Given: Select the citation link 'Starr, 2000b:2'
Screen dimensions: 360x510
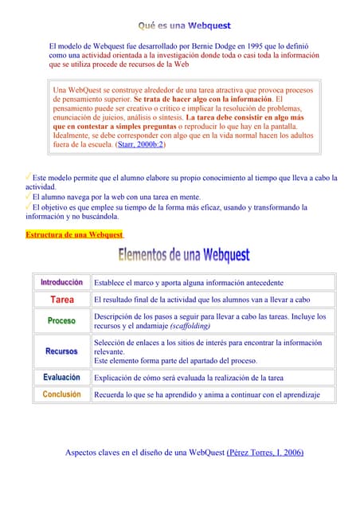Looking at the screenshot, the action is (x=140, y=145).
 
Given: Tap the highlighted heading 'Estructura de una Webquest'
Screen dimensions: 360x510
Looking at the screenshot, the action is (x=74, y=234).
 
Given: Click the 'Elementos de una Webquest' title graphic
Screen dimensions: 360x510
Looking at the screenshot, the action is (x=184, y=257).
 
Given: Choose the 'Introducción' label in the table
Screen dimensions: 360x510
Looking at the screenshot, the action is (x=62, y=283).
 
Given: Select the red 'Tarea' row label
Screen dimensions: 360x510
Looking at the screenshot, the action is (x=62, y=300).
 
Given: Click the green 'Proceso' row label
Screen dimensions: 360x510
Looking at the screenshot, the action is (x=62, y=321).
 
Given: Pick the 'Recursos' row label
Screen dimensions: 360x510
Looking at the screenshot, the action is (x=62, y=351).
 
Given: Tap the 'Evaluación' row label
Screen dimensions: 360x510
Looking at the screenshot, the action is (x=62, y=378).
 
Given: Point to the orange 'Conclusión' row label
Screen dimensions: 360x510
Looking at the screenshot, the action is (x=62, y=394).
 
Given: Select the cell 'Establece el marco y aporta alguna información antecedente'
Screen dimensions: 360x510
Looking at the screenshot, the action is (x=188, y=283).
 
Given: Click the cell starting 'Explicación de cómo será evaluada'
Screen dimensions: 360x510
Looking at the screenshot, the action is (x=188, y=378).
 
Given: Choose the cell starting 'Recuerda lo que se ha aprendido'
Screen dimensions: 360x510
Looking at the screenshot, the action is (x=206, y=394).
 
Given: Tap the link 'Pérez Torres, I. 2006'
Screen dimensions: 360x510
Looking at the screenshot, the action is (x=265, y=453).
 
